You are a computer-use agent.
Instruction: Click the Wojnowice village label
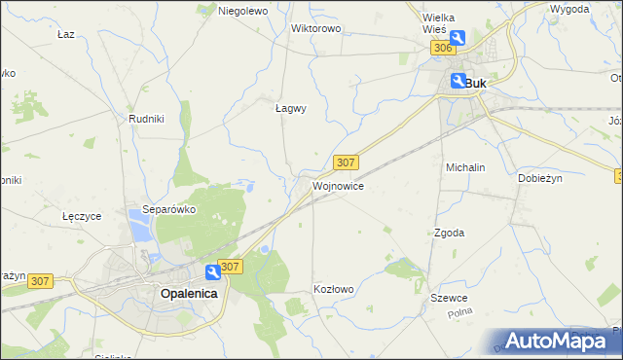pyautogui.click(x=338, y=185)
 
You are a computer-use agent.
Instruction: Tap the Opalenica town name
pyautogui.click(x=189, y=292)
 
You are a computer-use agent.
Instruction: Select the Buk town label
pyautogui.click(x=476, y=84)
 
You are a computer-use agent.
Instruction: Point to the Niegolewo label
pyautogui.click(x=242, y=11)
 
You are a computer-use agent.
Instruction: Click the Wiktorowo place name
pyautogui.click(x=315, y=28)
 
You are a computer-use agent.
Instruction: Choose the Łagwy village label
pyautogui.click(x=290, y=109)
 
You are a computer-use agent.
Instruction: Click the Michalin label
pyautogui.click(x=465, y=167)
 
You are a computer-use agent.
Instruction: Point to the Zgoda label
pyautogui.click(x=449, y=233)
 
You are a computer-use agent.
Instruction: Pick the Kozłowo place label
pyautogui.click(x=333, y=289)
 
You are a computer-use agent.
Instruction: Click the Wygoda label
pyautogui.click(x=569, y=9)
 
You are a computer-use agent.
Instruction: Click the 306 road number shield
pyautogui.click(x=441, y=49)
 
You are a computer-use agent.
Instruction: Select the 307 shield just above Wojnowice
pyautogui.click(x=346, y=162)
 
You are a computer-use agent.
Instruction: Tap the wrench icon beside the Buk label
pyautogui.click(x=457, y=83)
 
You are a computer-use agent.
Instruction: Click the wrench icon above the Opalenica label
pyautogui.click(x=211, y=273)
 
